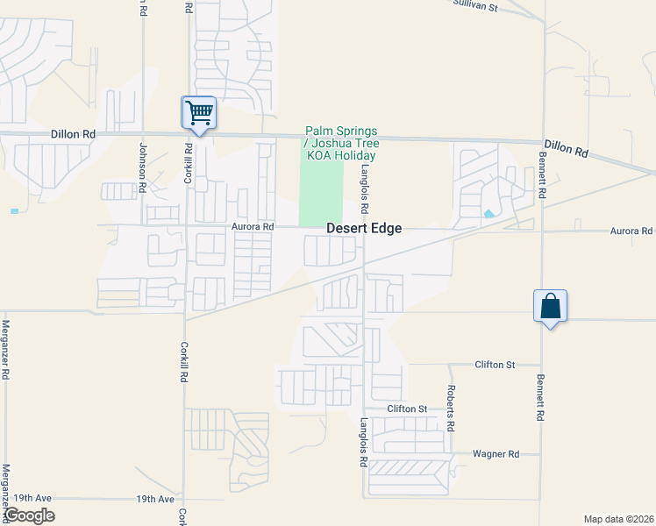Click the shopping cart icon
(199, 112)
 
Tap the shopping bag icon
(550, 306)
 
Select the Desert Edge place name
(364, 228)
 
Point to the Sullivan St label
(474, 5)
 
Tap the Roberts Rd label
(451, 408)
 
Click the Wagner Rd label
(496, 453)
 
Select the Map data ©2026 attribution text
(617, 519)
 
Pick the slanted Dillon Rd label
(566, 148)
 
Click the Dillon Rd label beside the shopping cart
(72, 134)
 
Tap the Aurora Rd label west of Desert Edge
(253, 226)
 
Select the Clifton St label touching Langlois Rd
(407, 409)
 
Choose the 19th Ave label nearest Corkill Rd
(155, 499)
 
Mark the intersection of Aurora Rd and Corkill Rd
(185, 226)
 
